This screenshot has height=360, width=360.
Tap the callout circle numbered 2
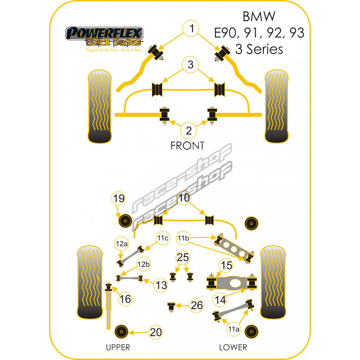pos(189,131)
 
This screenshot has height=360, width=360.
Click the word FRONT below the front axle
pos(187,145)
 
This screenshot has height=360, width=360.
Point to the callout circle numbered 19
pos(118,198)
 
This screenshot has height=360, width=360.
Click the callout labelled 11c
pos(162,238)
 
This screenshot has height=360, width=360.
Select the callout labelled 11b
pos(183,238)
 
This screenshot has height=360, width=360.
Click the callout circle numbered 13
pos(161,284)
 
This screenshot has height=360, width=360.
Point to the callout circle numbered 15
pos(226,265)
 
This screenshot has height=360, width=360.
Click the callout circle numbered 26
pos(196,306)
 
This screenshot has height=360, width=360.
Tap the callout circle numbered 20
pos(155,333)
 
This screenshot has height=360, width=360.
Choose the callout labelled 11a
pos(234,329)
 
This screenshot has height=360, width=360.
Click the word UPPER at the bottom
pos(118,347)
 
